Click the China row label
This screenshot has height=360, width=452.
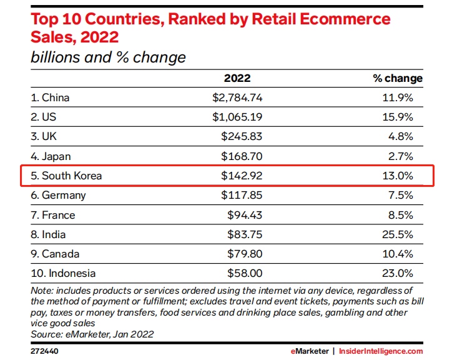pos(51,97)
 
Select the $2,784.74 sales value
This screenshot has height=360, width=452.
pos(237,97)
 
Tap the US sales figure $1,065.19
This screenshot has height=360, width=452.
pos(237,117)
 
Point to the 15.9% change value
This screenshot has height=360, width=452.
pos(398,117)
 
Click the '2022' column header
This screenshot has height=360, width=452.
pos(237,78)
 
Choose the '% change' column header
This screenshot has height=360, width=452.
pos(398,78)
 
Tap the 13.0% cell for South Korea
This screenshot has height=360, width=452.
pos(398,176)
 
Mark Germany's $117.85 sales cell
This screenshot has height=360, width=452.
pos(241,195)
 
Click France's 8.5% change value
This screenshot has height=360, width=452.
pos(401,215)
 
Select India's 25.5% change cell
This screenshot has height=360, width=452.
pos(398,234)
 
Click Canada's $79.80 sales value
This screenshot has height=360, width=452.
pos(243,254)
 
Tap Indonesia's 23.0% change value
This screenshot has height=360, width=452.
pos(398,274)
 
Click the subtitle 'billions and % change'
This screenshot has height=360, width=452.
pos(108,57)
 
